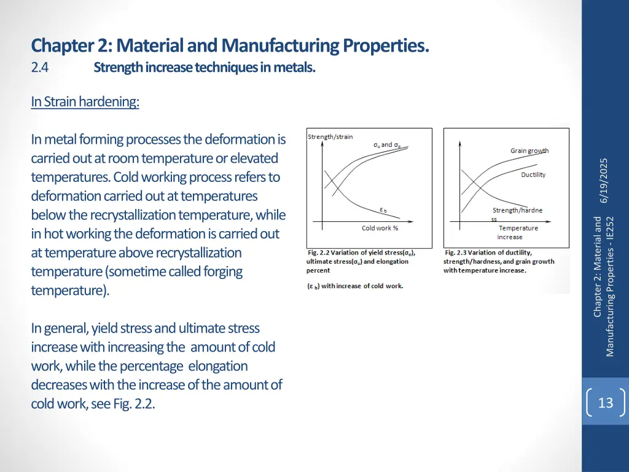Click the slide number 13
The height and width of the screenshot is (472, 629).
coord(605,403)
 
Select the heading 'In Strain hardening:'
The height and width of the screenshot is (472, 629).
coord(85,101)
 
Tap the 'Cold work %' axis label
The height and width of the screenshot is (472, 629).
coord(380,228)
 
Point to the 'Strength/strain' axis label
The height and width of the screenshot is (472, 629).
coord(330,136)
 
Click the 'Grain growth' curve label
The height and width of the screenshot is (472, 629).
coord(529,151)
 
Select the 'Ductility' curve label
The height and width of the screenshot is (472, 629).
coord(533,175)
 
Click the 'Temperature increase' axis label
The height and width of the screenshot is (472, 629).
coord(518,232)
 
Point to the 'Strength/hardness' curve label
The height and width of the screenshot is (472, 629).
coord(517,210)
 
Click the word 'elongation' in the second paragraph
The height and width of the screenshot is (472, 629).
coord(218,366)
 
